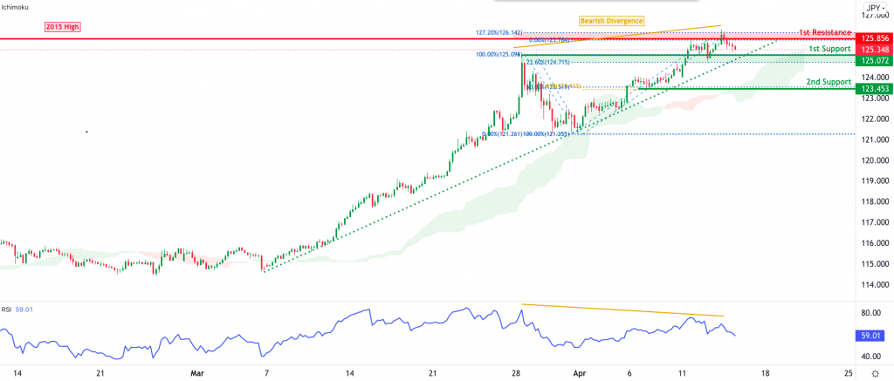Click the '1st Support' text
click(x=828, y=49)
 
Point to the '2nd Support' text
click(x=828, y=81)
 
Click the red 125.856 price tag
click(x=874, y=38)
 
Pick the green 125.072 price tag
click(x=874, y=60)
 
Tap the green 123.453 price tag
click(x=874, y=89)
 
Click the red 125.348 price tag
click(x=874, y=50)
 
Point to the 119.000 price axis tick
click(x=874, y=181)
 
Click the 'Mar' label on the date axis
click(x=196, y=371)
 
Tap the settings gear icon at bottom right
click(x=875, y=371)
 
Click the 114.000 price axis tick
click(x=874, y=284)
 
